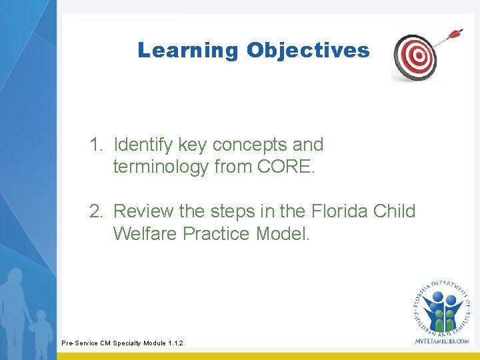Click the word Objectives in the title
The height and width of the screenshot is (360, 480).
307,51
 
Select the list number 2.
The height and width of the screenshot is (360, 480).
97,212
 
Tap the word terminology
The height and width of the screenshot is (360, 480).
161,167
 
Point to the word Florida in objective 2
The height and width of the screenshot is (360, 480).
336,212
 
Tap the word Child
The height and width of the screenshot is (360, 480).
396,212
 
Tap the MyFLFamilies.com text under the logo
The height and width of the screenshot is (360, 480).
442,341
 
